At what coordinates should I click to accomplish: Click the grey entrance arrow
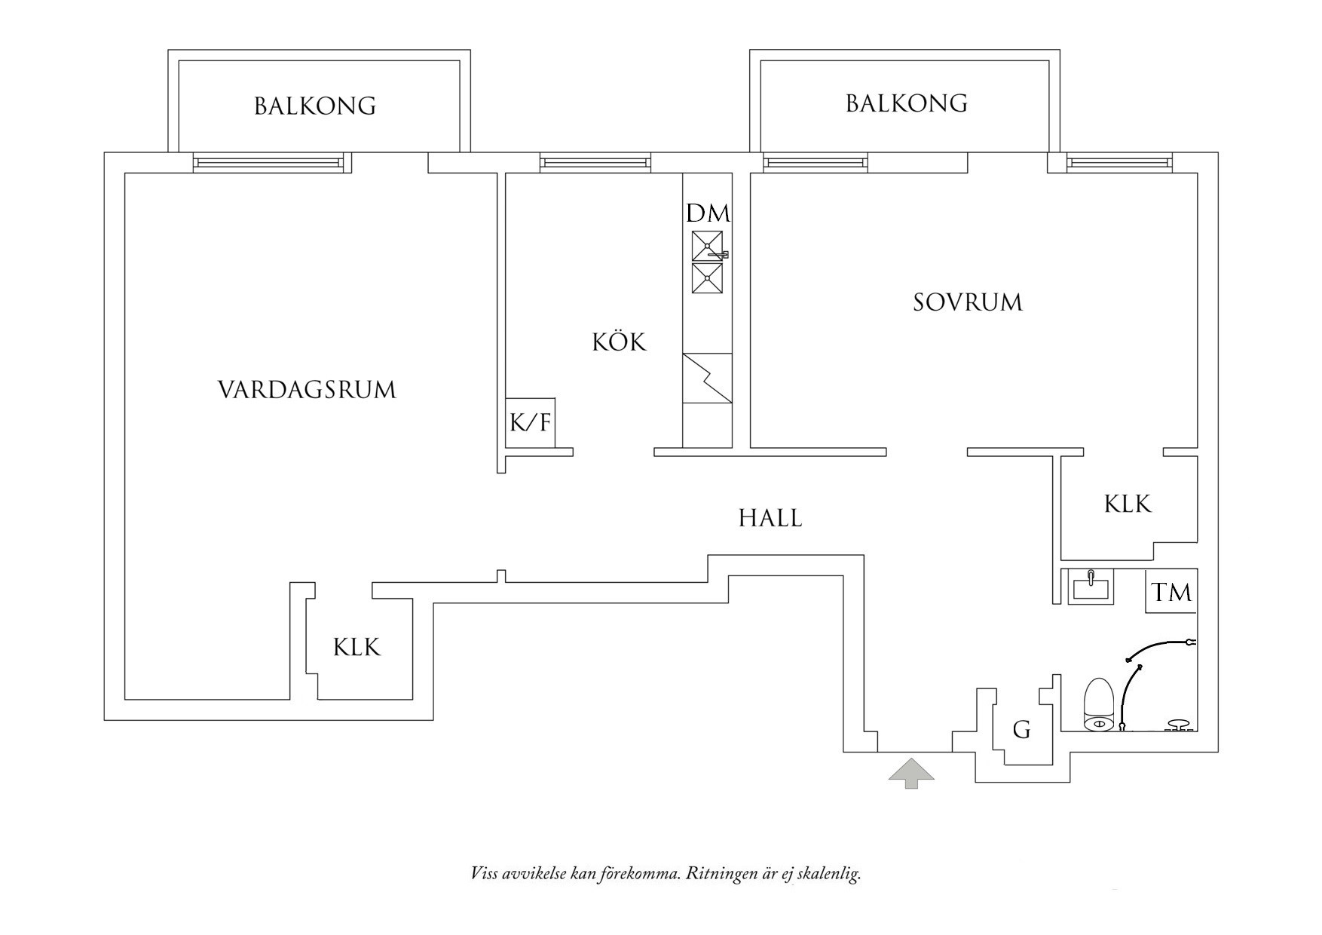(x=911, y=774)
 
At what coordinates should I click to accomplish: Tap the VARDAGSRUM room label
(x=307, y=390)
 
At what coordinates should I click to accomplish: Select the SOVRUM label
(x=968, y=302)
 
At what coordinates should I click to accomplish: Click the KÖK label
(x=619, y=342)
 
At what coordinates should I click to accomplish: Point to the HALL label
(x=770, y=518)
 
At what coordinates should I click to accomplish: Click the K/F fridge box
(x=531, y=422)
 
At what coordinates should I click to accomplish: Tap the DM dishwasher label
(x=708, y=213)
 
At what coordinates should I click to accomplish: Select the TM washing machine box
(x=1171, y=592)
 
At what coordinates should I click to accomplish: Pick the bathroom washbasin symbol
(x=1091, y=587)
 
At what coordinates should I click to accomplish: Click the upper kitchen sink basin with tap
(x=708, y=246)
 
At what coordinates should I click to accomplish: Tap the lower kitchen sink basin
(x=708, y=278)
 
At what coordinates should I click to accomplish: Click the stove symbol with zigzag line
(x=707, y=378)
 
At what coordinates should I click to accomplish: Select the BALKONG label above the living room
(x=315, y=106)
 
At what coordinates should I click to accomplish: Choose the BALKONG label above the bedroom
(x=907, y=103)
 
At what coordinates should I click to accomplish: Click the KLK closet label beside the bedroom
(x=1128, y=504)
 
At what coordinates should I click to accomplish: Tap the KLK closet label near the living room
(x=357, y=647)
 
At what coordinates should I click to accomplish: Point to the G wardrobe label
(x=1021, y=729)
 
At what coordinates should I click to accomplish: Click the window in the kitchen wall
(x=595, y=162)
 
